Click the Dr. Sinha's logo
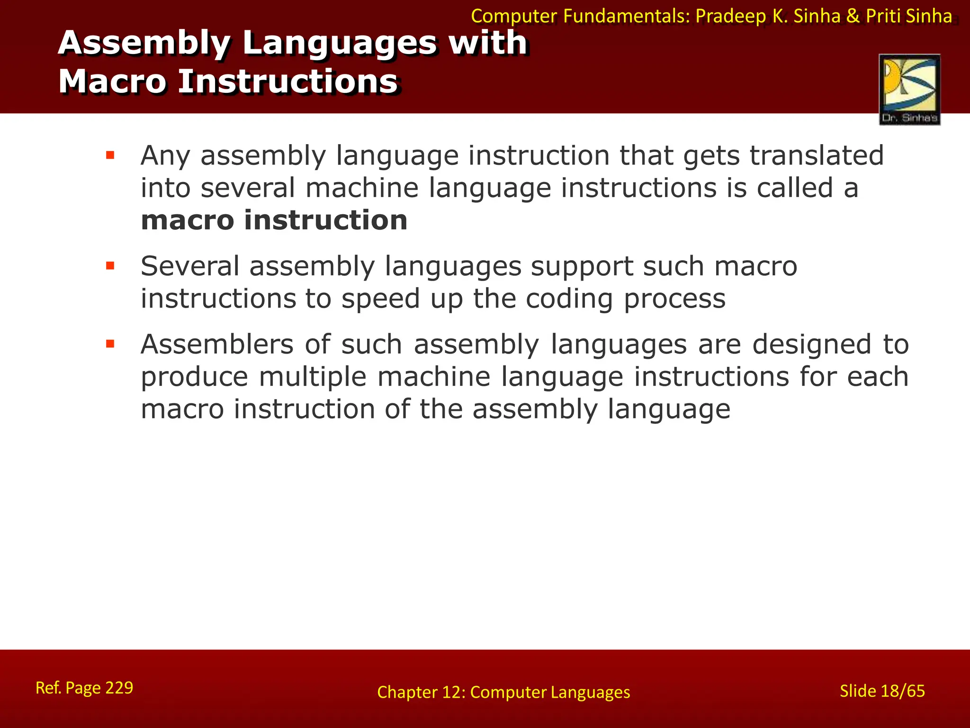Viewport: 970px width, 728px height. click(909, 89)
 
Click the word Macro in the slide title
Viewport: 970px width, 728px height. click(112, 82)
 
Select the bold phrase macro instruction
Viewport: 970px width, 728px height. click(274, 220)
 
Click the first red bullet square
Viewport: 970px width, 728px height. click(110, 155)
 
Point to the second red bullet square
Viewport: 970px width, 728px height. click(110, 266)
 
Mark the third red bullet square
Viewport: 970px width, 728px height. click(110, 344)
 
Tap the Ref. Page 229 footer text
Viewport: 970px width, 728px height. click(84, 688)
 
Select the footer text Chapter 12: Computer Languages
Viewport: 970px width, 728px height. click(503, 692)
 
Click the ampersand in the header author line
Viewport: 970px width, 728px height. click(853, 16)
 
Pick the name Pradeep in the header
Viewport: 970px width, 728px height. click(730, 16)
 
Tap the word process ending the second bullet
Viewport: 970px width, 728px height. click(674, 299)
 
